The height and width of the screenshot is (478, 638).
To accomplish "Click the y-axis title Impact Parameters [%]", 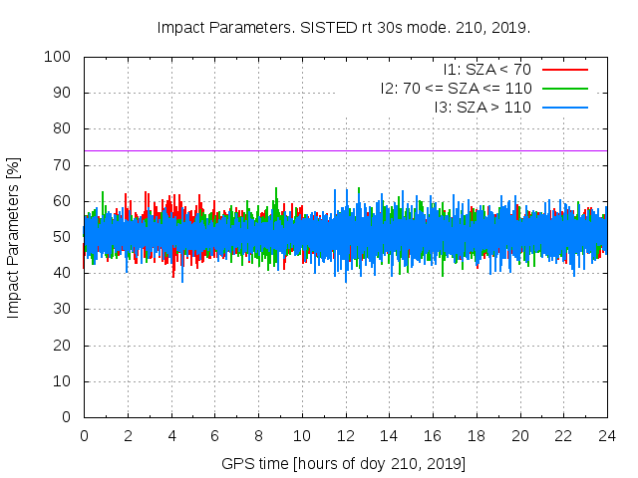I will click(14, 237).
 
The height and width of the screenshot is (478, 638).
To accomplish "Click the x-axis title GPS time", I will click(344, 464).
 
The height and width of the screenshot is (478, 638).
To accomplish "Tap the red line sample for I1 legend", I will click(564, 70).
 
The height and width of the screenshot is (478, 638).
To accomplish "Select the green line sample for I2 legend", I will click(564, 89).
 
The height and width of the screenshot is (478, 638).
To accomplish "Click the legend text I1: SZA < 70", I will click(487, 70).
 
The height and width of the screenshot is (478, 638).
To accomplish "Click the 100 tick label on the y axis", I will click(57, 57).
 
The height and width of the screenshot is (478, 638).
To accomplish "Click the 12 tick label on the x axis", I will click(346, 435).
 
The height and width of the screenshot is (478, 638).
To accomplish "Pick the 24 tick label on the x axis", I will click(607, 435).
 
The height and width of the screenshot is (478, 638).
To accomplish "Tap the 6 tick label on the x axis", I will click(214, 435).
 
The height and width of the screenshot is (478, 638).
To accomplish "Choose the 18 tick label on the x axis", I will click(477, 435).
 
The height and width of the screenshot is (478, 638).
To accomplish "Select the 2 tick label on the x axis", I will click(128, 435).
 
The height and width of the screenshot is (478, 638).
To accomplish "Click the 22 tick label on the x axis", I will click(563, 435).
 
